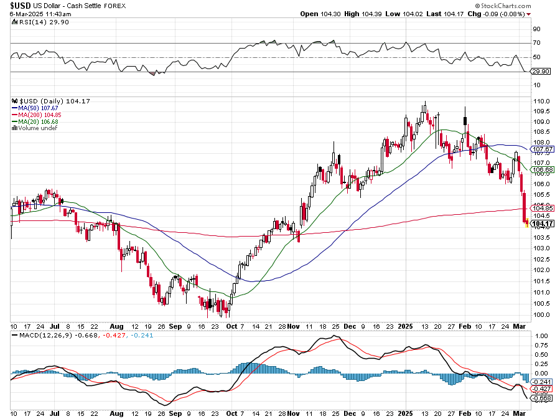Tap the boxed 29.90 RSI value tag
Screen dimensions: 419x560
coord(540,72)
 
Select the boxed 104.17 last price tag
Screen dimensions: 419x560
coord(543,224)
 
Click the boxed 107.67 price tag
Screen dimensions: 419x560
coord(543,149)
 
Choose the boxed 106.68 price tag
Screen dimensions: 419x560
coord(543,169)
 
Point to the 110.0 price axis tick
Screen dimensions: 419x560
coord(541,101)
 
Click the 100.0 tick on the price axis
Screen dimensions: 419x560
coord(541,314)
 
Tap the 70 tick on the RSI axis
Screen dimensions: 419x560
coord(536,43)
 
